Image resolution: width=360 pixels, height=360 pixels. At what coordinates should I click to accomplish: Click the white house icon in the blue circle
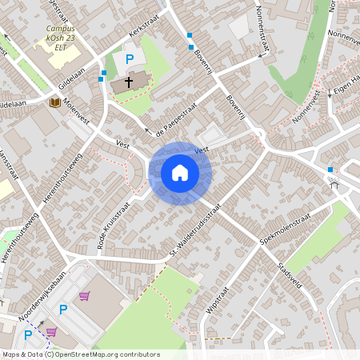(x=180, y=172)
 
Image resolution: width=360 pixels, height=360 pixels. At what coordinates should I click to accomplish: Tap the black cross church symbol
(x=128, y=82)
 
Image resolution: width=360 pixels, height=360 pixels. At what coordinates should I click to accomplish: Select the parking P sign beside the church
(x=129, y=59)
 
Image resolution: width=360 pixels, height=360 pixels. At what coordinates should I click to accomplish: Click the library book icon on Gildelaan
(x=54, y=102)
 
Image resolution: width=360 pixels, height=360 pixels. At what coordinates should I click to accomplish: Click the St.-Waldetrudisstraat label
(x=195, y=234)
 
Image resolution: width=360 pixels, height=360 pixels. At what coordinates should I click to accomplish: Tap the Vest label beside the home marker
(x=201, y=149)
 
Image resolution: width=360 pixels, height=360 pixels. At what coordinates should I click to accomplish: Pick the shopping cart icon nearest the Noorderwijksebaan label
(x=84, y=296)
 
